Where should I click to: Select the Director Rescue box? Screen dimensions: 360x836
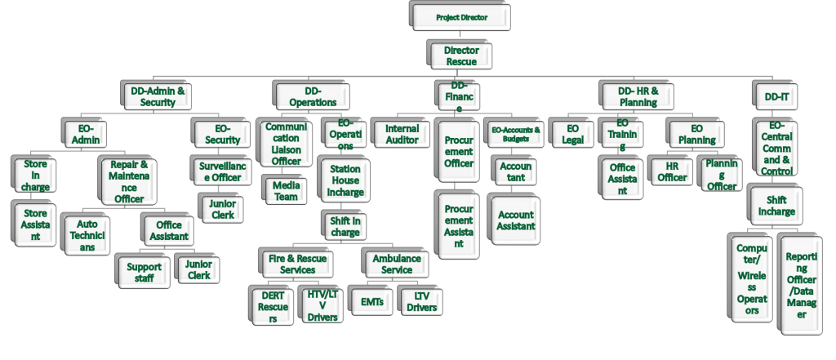(460, 56)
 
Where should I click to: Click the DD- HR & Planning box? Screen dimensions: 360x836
(637, 96)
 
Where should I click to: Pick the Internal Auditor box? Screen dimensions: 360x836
(402, 134)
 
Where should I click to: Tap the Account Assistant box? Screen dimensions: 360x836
(515, 220)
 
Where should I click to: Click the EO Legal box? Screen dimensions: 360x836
(572, 134)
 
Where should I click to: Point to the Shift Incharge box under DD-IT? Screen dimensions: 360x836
(775, 207)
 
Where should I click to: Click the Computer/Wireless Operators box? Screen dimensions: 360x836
(749, 278)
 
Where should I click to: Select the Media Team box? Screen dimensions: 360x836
(285, 189)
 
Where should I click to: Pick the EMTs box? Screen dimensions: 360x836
(372, 301)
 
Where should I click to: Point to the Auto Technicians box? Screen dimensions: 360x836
(87, 235)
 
